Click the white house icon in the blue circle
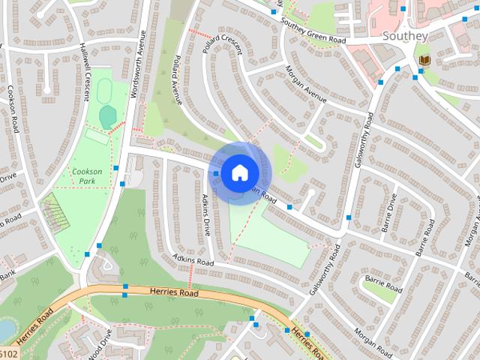[x=238, y=172]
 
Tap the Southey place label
[x=405, y=35]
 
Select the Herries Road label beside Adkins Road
[x=175, y=293]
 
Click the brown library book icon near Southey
[x=424, y=59]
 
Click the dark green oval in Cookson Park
[x=108, y=116]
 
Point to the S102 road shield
[x=7, y=353]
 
